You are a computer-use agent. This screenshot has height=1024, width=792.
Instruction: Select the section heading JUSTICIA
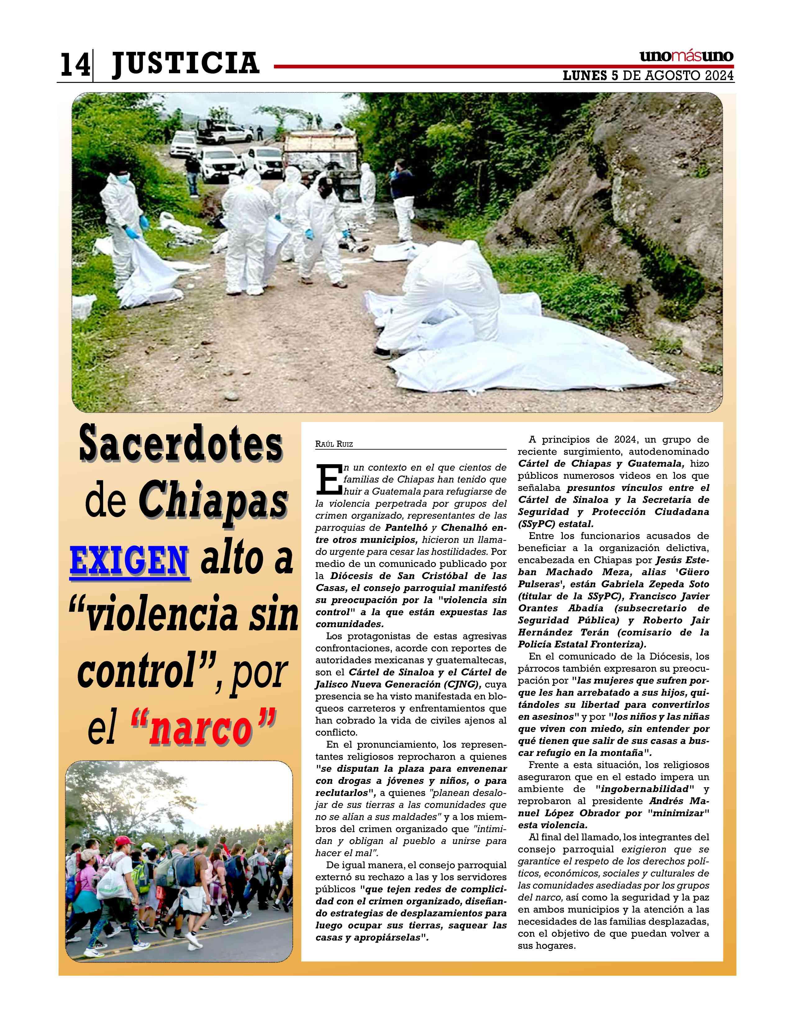click(185, 63)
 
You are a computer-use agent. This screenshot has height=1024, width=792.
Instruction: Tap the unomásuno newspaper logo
click(686, 56)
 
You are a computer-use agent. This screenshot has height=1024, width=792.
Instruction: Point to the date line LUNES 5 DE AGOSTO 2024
click(648, 76)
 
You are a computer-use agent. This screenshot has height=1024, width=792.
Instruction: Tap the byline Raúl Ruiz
click(334, 444)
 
